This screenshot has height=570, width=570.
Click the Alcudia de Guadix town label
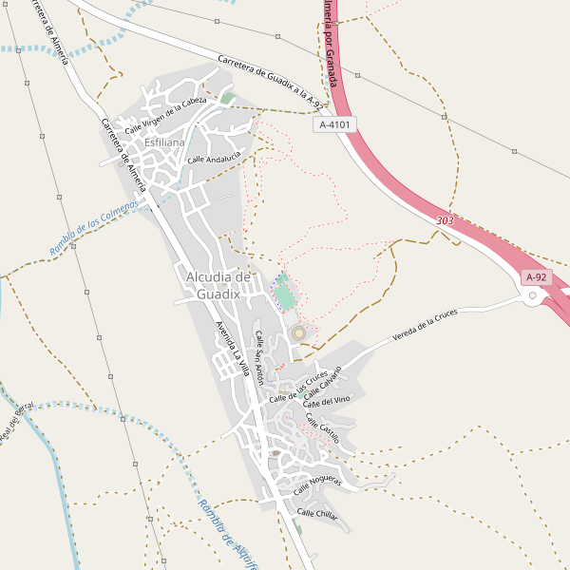(x=219, y=285)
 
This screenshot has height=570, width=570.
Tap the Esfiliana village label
(x=164, y=142)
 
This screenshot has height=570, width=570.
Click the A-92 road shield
(x=536, y=277)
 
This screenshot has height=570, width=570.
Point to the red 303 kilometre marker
(x=445, y=220)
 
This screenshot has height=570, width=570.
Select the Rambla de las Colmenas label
(x=95, y=227)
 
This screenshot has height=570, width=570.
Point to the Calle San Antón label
(x=258, y=356)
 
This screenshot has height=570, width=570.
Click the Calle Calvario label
(x=324, y=383)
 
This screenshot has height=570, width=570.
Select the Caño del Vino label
(x=327, y=402)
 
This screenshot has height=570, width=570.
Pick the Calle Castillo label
(x=322, y=427)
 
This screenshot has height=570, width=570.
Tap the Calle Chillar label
(x=317, y=514)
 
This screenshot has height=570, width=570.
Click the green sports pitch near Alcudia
(x=285, y=294)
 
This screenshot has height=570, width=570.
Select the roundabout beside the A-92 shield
(x=532, y=295)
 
